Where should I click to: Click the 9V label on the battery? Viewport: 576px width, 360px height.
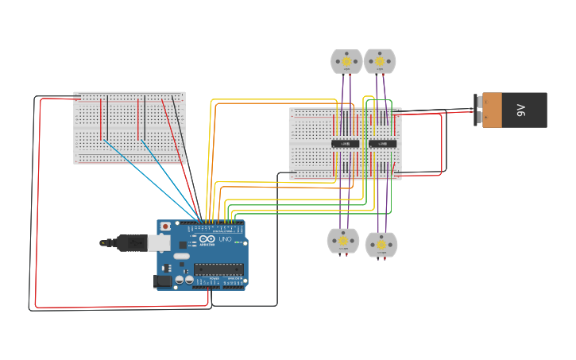(522, 110)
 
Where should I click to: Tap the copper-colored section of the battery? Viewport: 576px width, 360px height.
(493, 110)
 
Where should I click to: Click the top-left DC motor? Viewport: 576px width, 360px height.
(346, 61)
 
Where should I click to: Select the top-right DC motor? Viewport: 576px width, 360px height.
(380, 61)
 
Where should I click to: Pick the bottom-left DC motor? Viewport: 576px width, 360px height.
(343, 241)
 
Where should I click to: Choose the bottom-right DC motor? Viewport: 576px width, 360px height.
(381, 244)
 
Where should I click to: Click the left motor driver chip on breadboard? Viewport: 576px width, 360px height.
(345, 144)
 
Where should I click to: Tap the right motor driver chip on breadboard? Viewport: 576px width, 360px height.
(382, 144)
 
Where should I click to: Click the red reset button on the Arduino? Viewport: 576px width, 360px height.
(165, 226)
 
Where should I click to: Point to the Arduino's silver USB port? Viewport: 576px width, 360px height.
(160, 242)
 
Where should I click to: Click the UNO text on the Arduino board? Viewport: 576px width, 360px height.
(225, 239)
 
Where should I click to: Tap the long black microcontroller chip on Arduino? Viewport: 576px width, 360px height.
(218, 269)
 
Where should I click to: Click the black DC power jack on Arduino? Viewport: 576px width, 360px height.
(162, 280)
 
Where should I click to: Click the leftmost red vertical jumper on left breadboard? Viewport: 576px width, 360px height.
(101, 118)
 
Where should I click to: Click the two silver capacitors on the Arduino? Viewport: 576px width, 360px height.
(184, 279)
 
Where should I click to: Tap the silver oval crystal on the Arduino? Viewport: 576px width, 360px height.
(181, 256)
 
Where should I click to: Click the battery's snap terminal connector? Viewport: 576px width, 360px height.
(478, 110)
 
